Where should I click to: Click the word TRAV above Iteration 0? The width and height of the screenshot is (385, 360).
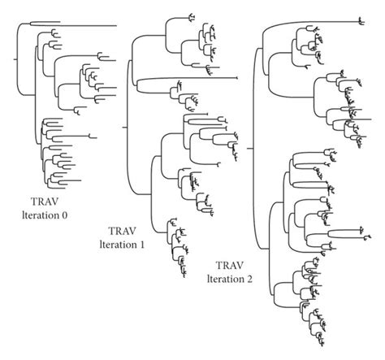tap(45, 202)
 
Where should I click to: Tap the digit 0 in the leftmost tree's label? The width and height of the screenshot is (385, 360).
tap(64, 215)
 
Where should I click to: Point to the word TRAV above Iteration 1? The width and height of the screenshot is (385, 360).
tap(122, 231)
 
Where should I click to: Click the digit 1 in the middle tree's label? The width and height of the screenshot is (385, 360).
tap(141, 245)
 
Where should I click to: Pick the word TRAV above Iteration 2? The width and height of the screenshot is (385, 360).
tap(230, 266)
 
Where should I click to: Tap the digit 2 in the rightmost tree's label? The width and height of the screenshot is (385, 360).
tap(249, 280)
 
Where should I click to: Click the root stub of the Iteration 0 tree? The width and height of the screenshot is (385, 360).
tap(15, 59)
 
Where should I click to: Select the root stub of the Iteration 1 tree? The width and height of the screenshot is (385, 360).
tap(124, 127)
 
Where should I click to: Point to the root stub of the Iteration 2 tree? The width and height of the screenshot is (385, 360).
tap(249, 149)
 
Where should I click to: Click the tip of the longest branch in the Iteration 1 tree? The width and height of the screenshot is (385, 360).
tap(237, 78)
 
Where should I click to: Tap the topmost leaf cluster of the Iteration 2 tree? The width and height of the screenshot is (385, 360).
tap(361, 22)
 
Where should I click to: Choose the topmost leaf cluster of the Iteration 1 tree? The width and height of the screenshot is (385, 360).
tap(192, 18)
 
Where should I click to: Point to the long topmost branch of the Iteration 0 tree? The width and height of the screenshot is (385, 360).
tap(73, 26)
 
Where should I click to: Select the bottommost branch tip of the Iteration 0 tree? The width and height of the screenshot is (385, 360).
tap(67, 188)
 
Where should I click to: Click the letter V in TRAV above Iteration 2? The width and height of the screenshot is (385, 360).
tap(240, 266)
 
